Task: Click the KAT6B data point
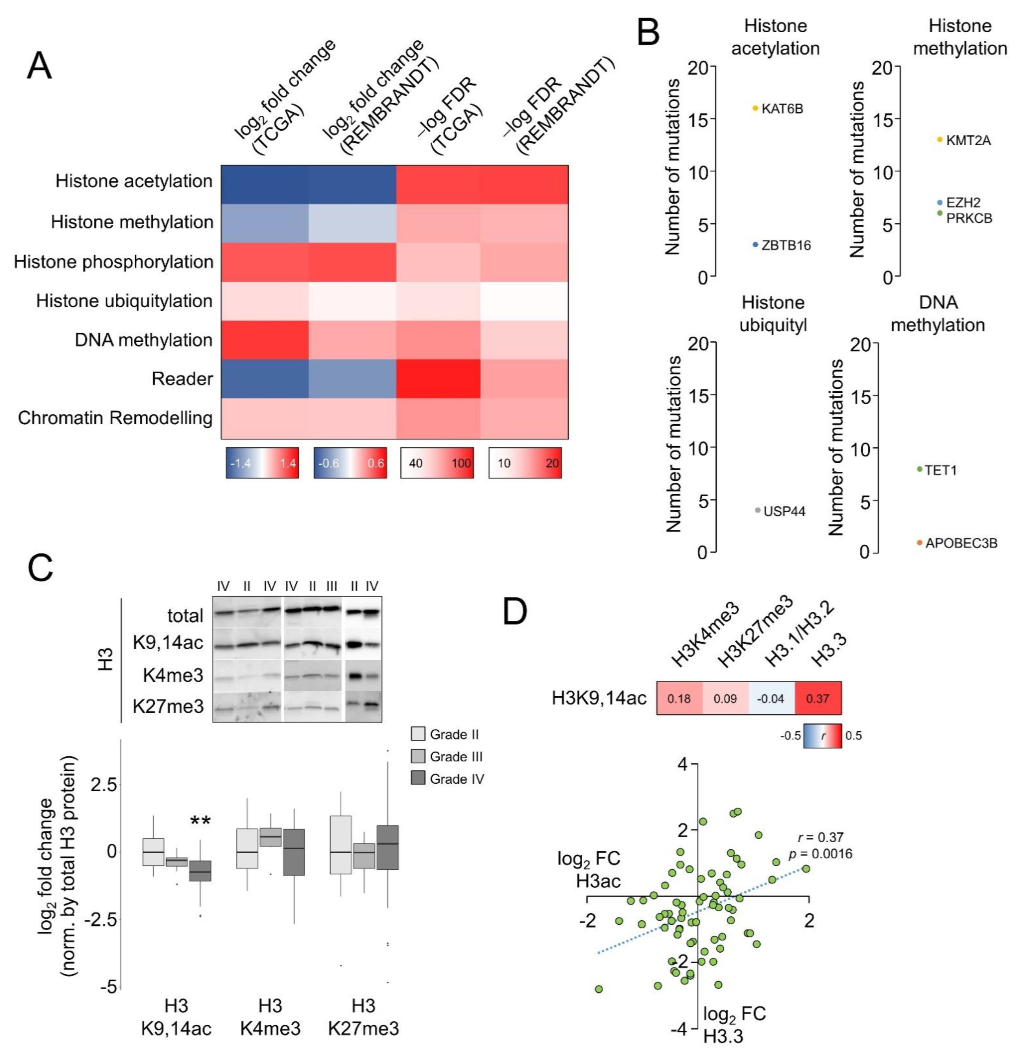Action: coord(756,108)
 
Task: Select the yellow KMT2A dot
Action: coord(940,140)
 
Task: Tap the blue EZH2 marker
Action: coord(940,202)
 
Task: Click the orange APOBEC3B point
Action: coord(920,542)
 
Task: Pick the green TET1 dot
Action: coord(920,469)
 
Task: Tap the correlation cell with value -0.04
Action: coord(771,698)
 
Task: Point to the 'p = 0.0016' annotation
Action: coord(820,854)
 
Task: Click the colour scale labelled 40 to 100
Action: coord(437,463)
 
